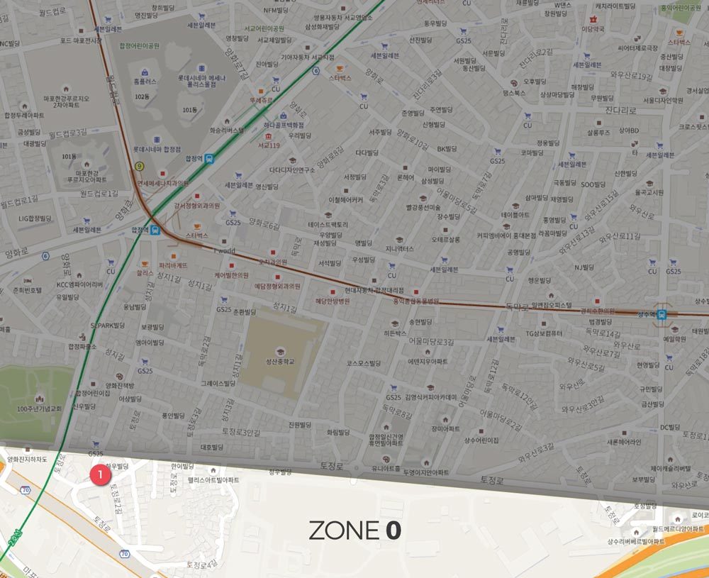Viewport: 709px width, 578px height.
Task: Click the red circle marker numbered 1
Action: pyautogui.click(x=100, y=471)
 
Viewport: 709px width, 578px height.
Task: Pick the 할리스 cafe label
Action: pyautogui.click(x=145, y=272)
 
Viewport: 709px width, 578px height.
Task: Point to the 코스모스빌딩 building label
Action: pyautogui.click(x=365, y=363)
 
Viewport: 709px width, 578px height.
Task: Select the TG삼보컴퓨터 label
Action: pyautogui.click(x=544, y=333)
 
